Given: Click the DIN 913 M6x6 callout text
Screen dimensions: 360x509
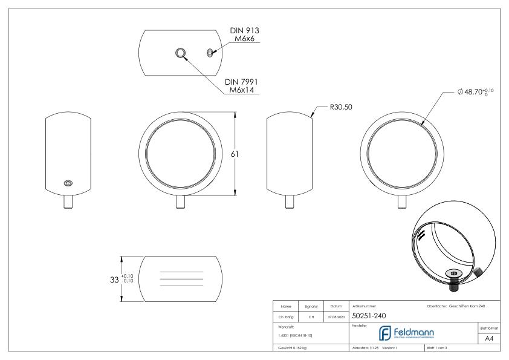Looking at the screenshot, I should point(246,34).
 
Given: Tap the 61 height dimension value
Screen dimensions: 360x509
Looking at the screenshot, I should point(240,154).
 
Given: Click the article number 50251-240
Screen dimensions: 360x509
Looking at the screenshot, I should point(369,315).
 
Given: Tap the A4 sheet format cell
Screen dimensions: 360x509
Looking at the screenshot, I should point(490,340).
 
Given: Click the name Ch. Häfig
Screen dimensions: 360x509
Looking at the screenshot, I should point(288,315).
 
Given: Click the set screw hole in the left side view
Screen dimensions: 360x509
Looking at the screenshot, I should point(68,183).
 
